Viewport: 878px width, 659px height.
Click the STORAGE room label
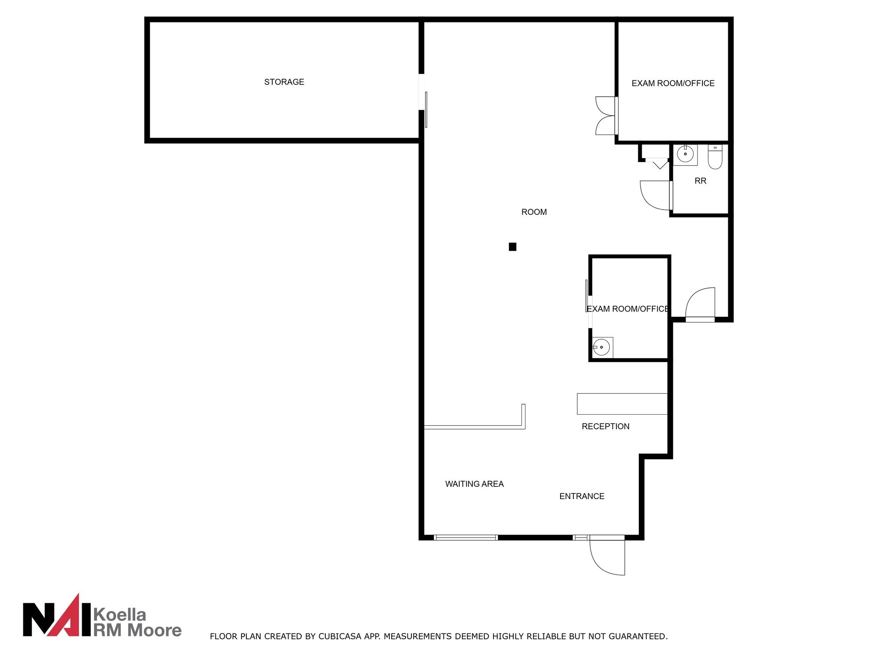284,82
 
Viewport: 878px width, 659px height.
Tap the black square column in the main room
512,247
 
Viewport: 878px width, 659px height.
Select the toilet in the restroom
715,157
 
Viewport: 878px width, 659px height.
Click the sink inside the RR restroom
685,155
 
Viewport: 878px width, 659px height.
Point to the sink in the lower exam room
602,348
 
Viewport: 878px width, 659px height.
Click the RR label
700,181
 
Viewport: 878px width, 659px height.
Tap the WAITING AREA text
474,484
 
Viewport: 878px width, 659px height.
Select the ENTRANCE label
582,496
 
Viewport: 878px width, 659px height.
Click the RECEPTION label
605,427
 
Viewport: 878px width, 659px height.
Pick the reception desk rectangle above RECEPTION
622,404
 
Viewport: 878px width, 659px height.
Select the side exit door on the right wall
700,304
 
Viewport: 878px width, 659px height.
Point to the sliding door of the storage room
426,109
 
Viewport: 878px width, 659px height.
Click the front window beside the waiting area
465,537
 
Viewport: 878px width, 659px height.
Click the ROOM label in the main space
534,212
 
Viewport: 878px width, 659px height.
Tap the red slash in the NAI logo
70,615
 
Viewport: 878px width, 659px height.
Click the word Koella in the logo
120,614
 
